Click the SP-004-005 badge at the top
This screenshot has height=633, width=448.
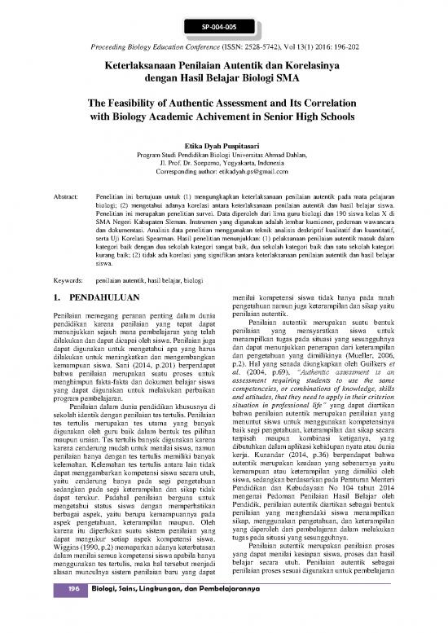pos(223,25)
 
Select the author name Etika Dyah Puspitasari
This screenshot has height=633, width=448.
pos(224,140)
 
